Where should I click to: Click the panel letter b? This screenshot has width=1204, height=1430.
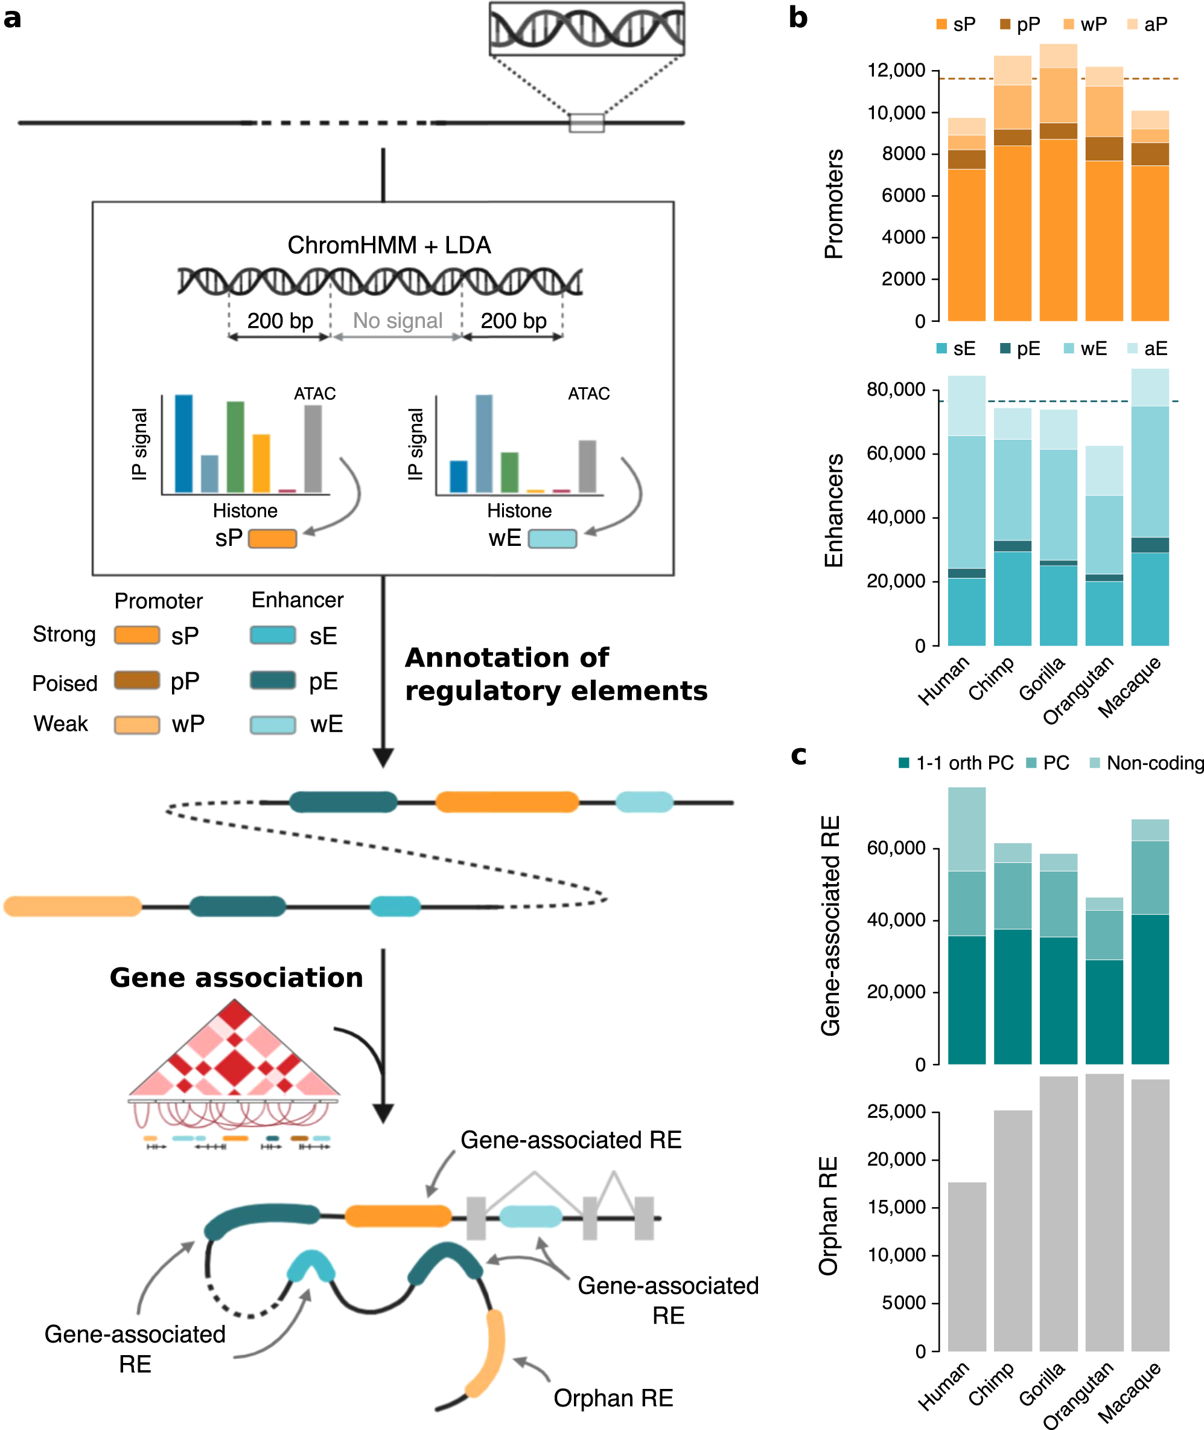[x=797, y=18]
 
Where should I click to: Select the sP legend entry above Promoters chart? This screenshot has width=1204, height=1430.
[x=955, y=25]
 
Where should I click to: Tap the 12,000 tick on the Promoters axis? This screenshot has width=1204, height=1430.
[x=896, y=70]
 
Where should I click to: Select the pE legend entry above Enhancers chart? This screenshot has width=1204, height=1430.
[x=1020, y=349]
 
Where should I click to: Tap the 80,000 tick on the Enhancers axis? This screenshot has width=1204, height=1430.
[x=896, y=390]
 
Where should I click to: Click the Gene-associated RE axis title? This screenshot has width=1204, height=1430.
[x=830, y=925]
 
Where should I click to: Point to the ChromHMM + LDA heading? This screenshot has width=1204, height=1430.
[x=389, y=245]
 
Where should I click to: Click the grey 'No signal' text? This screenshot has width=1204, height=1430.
[x=397, y=320]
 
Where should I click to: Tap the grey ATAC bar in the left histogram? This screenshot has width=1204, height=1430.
[x=313, y=449]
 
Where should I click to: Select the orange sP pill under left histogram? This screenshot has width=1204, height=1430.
[x=272, y=539]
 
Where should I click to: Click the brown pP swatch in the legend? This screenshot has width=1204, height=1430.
[x=136, y=680]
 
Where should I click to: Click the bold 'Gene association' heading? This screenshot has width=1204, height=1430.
[x=236, y=977]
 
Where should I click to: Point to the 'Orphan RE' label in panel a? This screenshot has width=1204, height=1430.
[x=613, y=1397]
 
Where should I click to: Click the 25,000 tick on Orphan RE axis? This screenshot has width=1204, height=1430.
[x=896, y=1111]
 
